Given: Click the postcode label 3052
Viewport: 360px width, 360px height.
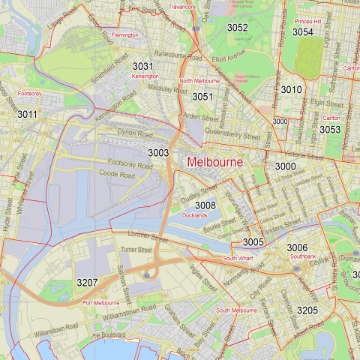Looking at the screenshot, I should pos(237,28).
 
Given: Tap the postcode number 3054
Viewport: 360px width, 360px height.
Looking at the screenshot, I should pos(303,32).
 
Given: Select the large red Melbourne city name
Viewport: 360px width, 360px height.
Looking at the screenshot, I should pos(214,162).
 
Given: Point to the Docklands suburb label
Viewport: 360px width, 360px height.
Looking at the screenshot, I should pos(194,215).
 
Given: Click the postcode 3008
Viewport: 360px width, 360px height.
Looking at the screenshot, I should pos(205,205).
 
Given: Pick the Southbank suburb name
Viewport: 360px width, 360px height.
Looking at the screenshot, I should pos(302,256).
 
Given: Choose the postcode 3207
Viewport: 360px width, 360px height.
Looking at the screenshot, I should pos(88,282).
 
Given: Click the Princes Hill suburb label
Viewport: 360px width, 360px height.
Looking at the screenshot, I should pos(307,22).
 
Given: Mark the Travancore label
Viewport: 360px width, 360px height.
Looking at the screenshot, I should pos(182,6).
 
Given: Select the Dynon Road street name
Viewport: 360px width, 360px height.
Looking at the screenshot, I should pos(135,133).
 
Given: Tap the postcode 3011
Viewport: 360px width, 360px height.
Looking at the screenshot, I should pos(27,114).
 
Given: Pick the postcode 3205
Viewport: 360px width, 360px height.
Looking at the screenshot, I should pos(307,310).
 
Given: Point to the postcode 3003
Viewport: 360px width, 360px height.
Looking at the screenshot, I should pos(158,152).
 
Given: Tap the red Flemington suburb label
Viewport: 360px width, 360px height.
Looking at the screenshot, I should pos(124,35).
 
